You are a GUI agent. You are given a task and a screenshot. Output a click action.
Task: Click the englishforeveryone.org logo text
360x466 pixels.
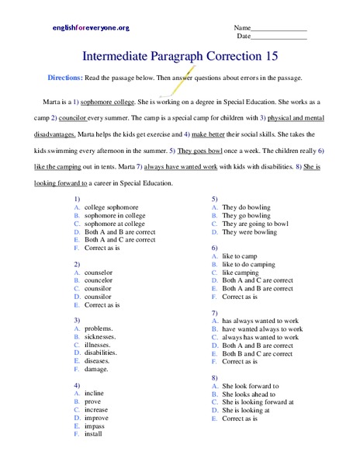[91, 28]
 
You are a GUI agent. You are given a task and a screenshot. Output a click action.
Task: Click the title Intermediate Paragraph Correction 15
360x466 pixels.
[180, 57]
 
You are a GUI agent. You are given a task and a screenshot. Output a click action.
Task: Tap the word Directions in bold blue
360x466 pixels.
[66, 78]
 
